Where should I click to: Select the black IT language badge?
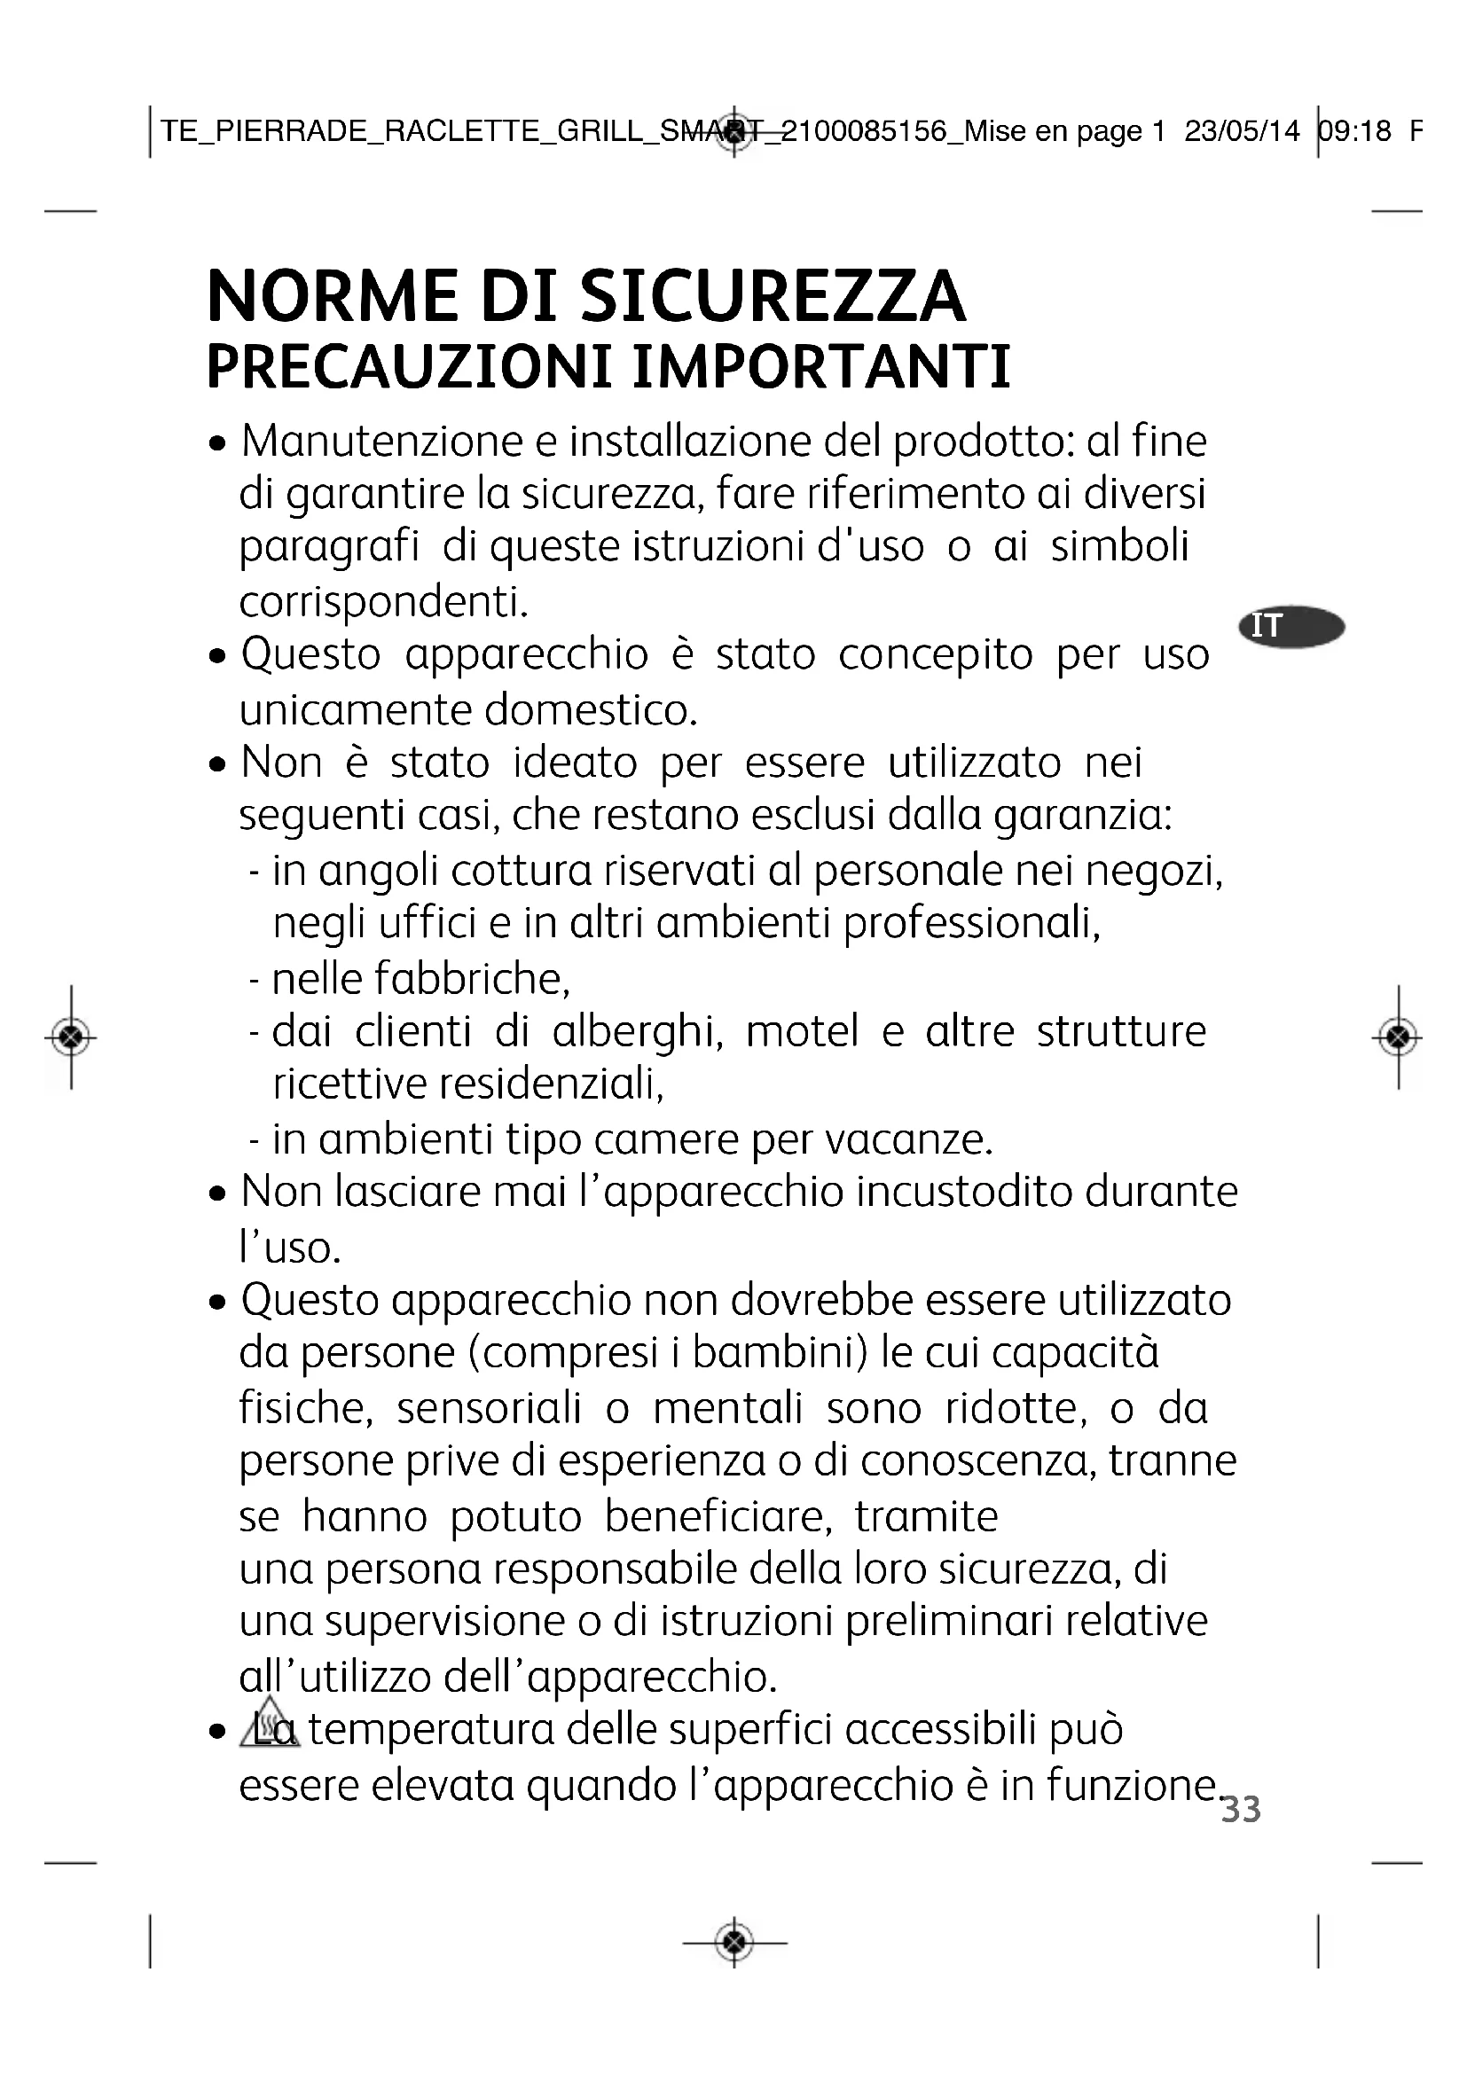(x=1291, y=626)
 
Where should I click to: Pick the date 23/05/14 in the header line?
(x=1242, y=131)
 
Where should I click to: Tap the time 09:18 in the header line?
(x=1355, y=131)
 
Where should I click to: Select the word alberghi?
(x=637, y=1032)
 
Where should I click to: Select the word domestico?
(x=591, y=710)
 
